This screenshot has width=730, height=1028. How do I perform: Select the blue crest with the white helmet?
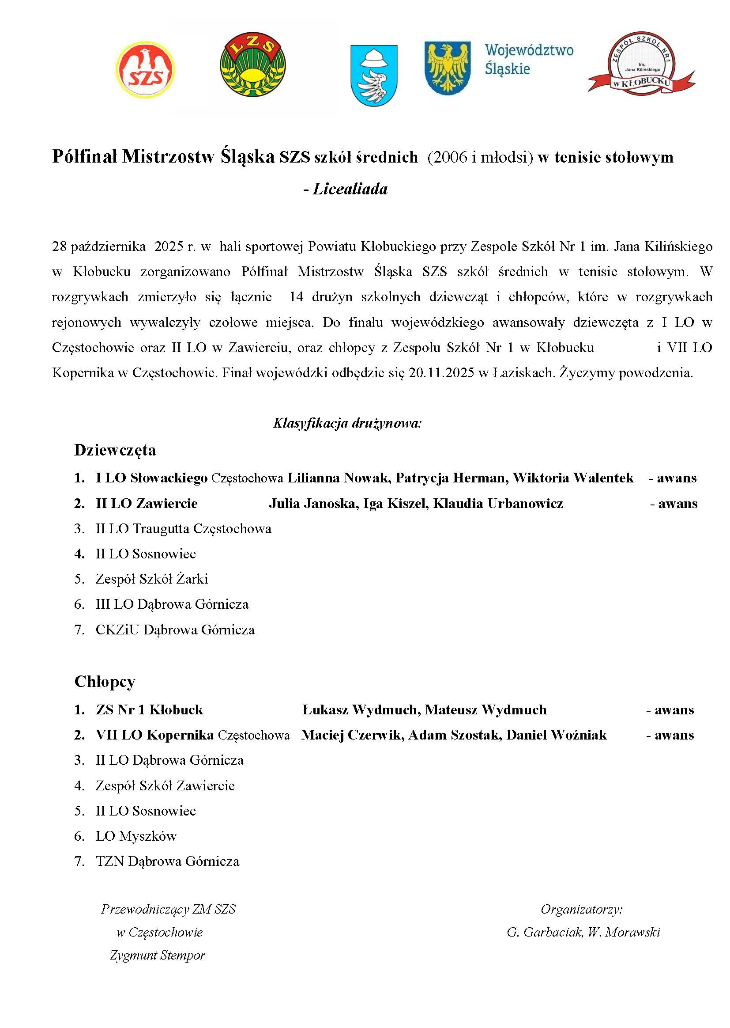point(373,75)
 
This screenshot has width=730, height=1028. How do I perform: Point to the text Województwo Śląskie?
point(529,59)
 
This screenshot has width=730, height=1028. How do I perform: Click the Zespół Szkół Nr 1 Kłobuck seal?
point(641,64)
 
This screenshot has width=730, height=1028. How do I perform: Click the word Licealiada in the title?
point(350,189)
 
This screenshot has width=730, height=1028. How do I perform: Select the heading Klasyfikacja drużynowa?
point(347,423)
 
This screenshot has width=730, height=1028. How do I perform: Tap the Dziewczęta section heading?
point(115,450)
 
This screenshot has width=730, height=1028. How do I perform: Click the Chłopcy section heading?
point(105,682)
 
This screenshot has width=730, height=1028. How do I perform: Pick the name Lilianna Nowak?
point(338,478)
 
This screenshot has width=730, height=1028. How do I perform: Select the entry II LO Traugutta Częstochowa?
point(184,528)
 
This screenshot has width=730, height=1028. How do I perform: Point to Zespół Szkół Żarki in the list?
point(152,579)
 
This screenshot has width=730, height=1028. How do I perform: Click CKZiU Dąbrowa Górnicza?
point(175,630)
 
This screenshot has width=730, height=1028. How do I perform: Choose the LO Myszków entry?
point(136,836)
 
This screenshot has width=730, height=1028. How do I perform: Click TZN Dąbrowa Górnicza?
point(168,861)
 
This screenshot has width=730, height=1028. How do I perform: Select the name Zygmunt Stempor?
point(157,955)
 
